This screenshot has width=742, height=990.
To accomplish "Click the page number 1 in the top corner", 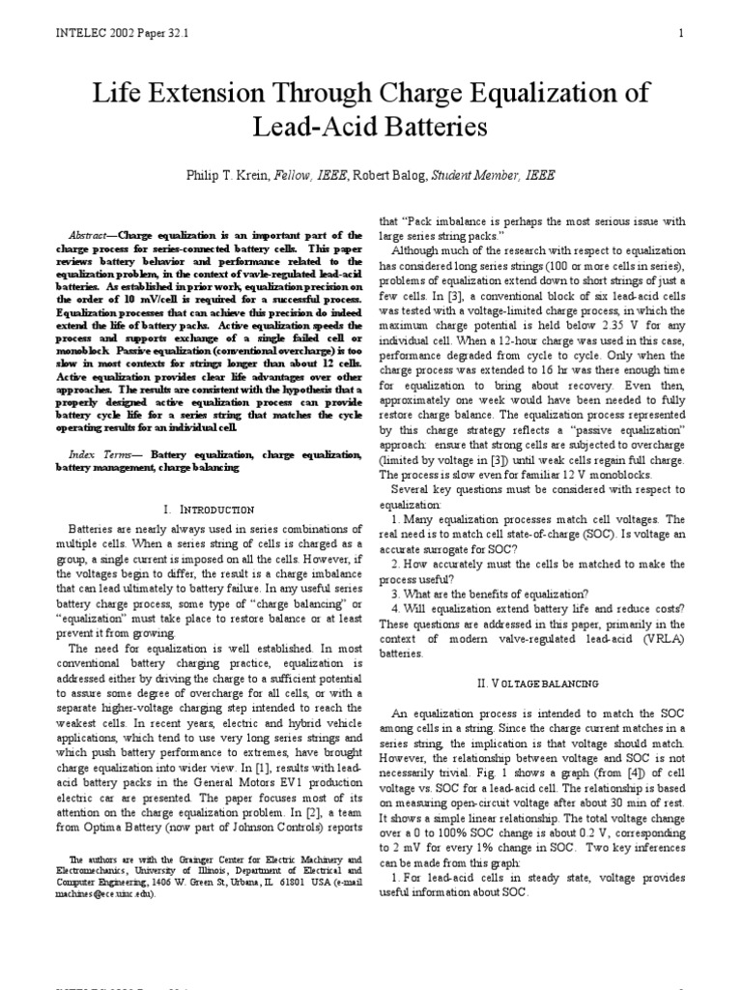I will (681, 33).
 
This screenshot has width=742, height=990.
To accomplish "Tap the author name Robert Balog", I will (390, 175).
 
